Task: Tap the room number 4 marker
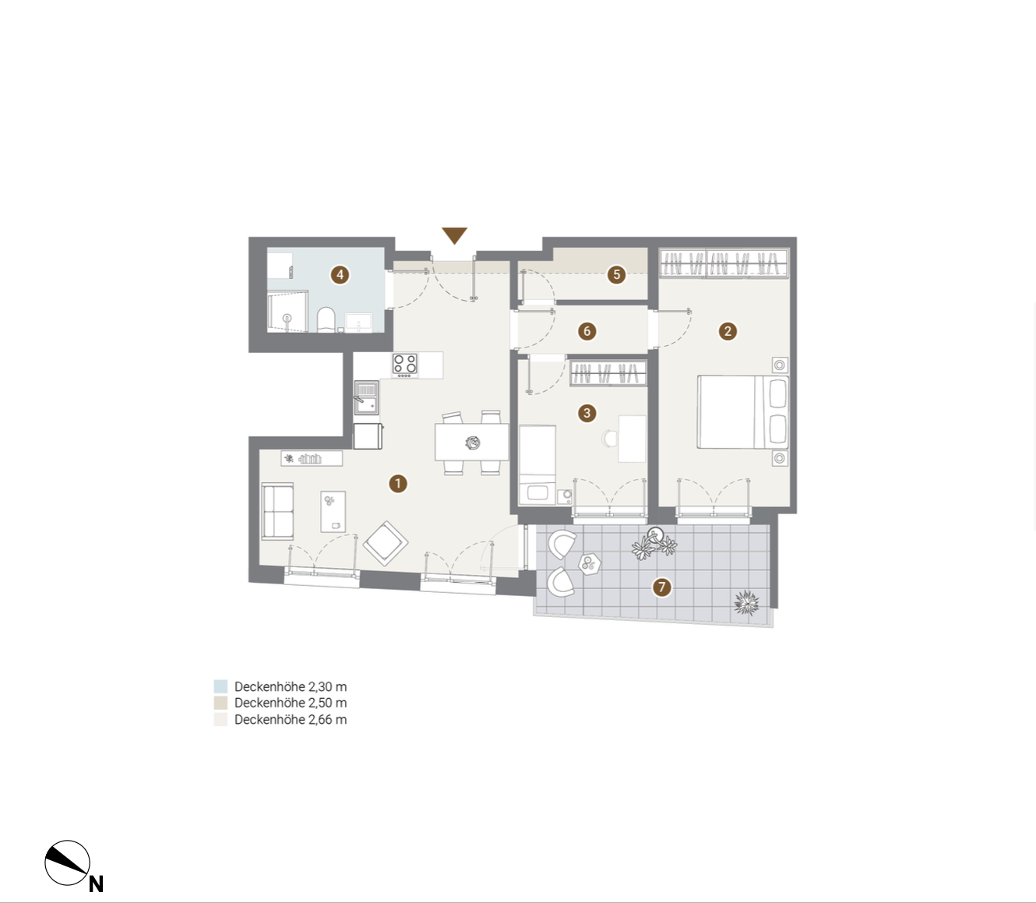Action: point(340,275)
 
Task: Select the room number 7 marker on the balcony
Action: point(661,587)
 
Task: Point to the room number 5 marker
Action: point(616,275)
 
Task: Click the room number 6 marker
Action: point(587,331)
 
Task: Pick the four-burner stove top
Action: point(404,365)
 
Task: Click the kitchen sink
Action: point(366,397)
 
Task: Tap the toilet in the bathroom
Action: point(326,319)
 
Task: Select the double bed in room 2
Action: point(743,411)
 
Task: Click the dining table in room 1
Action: point(471,442)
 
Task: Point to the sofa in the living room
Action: point(277,511)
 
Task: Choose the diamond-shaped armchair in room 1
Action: point(386,543)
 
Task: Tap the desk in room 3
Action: point(632,439)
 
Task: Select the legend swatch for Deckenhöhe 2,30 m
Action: point(220,686)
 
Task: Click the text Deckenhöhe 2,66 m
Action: point(291,720)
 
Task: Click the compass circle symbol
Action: point(67,863)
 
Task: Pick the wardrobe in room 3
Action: point(608,373)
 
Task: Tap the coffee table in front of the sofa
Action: point(333,512)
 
